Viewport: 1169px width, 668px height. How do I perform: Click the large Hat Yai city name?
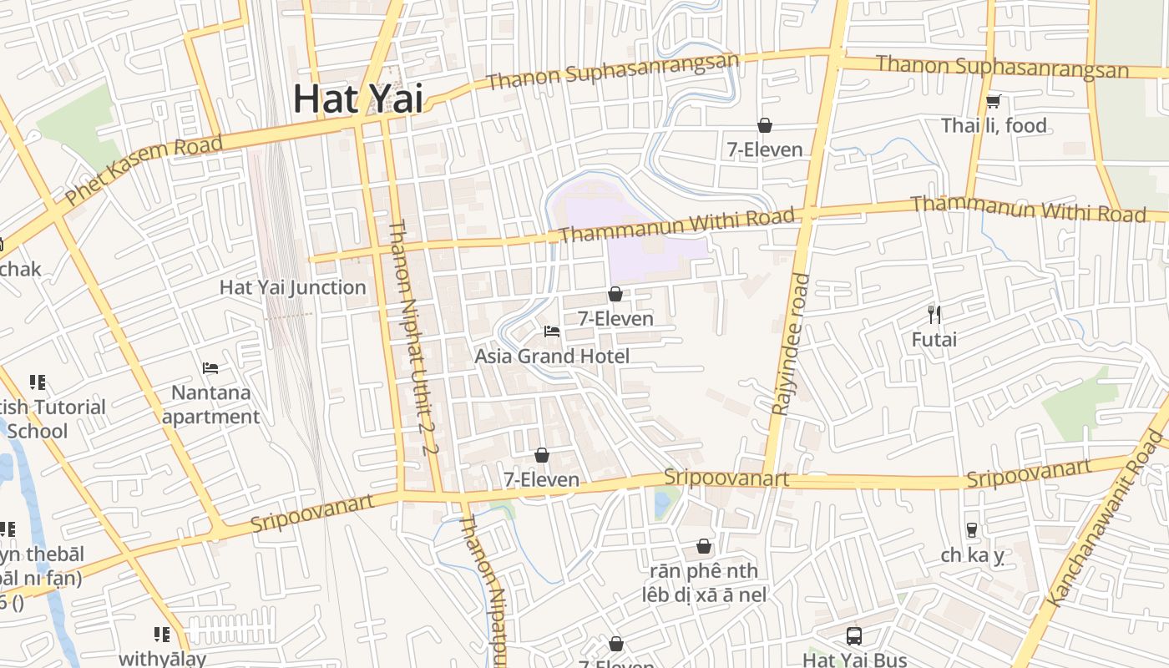coord(358,99)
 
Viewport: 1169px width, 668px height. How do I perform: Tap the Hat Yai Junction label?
coord(292,287)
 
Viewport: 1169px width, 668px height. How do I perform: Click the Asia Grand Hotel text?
coord(552,357)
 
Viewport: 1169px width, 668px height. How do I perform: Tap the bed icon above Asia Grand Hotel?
coord(552,331)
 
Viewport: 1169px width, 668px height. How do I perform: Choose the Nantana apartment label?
coord(211,404)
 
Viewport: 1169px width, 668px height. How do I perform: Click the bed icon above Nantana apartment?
coord(210,367)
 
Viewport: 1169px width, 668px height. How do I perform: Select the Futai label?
coord(934,340)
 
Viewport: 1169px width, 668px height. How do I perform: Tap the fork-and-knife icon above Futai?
coord(934,315)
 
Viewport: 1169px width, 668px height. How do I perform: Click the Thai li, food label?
coord(994,125)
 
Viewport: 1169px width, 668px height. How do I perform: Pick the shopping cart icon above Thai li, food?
coord(993,101)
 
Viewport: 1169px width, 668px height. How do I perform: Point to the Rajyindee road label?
coord(790,344)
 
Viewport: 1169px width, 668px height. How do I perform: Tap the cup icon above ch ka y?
coord(971,529)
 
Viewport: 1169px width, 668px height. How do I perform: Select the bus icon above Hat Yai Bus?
coord(854,636)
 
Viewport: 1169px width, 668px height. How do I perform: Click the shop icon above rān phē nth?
coord(704,546)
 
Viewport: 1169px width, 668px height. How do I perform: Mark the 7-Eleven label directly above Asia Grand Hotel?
coord(615,318)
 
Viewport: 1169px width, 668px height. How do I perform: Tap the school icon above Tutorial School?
coord(38,382)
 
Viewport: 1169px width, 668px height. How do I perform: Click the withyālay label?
coord(162,659)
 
